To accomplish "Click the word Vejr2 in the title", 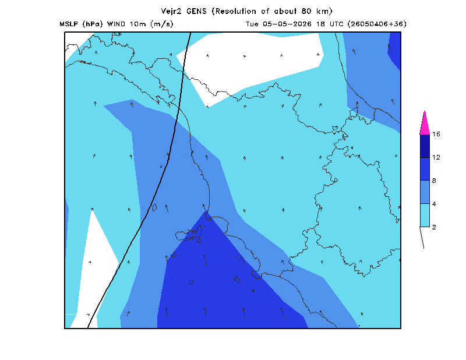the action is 171,12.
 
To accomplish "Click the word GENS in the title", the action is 196,11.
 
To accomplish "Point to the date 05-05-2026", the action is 287,24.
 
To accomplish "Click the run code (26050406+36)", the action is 377,24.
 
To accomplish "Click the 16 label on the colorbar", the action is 436,134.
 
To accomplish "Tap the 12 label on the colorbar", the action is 436,157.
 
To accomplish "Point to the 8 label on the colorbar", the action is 434,181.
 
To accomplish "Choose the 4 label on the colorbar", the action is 434,204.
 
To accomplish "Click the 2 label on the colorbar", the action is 434,227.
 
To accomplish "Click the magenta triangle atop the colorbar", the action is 425,125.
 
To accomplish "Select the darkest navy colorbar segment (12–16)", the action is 425,146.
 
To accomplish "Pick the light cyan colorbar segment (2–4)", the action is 425,215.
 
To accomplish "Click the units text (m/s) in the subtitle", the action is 162,24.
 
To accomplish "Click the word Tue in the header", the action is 252,24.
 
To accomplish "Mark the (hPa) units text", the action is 93,24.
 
